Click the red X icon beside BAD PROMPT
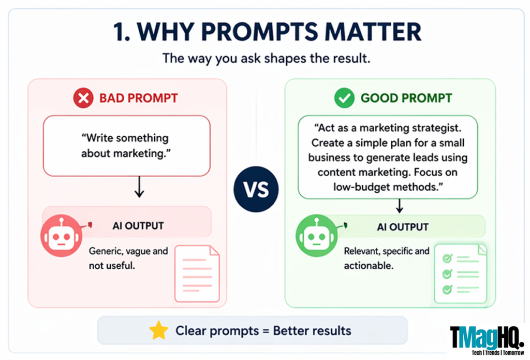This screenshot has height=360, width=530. click(83, 98)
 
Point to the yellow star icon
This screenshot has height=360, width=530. click(159, 330)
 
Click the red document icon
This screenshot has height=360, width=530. click(197, 273)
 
